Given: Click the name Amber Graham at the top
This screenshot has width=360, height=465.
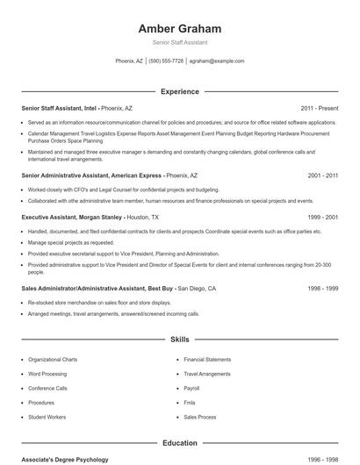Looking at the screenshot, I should pos(179,28).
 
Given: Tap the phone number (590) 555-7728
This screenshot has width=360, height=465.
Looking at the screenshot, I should pos(166,61).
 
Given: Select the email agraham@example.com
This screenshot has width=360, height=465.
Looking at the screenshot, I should pos(216,61).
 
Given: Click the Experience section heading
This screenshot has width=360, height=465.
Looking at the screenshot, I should pos(179,91).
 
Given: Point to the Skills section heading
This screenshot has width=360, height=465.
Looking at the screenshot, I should pos(179,339).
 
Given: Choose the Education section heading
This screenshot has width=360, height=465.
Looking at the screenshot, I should pos(179,444).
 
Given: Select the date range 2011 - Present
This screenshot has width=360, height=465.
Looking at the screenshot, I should pos(320,108).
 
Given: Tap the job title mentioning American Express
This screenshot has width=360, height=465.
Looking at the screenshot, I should pos(91,175).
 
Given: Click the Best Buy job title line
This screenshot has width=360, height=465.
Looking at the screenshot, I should pos(98,288).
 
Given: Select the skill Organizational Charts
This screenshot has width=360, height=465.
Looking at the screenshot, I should pos(53,359).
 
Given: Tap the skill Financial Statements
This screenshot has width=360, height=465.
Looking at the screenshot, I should pos(207,359).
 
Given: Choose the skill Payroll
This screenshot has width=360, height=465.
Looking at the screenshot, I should pos(192,388).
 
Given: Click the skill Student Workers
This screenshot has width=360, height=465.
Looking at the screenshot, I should pos(47,417).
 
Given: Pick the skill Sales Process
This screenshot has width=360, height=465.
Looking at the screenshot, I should pos(200,417).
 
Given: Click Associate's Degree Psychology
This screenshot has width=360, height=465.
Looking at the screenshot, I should pos(65,460).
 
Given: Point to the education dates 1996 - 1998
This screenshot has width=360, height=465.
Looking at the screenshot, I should pos(323,460).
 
